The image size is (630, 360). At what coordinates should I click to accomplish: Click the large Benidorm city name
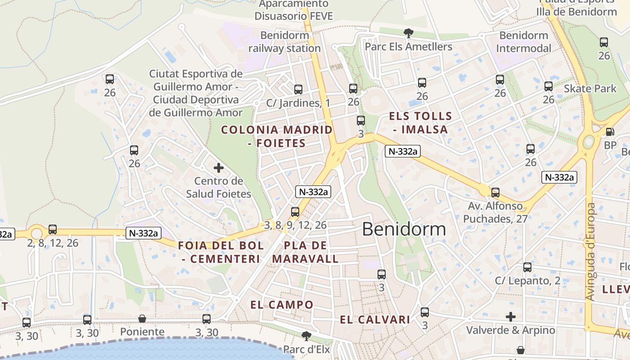pos(404,229)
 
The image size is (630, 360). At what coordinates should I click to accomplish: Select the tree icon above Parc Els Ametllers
pos(409,33)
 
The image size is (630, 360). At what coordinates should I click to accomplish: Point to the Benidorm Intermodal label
pos(524,42)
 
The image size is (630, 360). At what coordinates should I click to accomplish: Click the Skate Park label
pos(590,89)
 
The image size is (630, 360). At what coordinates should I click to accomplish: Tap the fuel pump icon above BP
pos(610,132)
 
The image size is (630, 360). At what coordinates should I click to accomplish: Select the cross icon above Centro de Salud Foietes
pos(219,168)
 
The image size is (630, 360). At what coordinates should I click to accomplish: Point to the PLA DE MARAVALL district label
pos(305,252)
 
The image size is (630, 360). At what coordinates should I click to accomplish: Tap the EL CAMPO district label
pos(282,305)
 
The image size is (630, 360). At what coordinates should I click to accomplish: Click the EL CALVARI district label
pos(375,320)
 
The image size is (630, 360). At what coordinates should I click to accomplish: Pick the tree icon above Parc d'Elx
pos(306,336)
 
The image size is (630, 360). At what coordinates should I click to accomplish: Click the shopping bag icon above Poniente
pos(142,319)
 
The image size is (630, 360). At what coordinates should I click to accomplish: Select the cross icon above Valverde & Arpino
pos(510,317)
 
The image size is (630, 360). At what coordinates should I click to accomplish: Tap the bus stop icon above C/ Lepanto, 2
pos(527,267)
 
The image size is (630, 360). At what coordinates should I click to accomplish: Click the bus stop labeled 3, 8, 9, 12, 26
pos(295,211)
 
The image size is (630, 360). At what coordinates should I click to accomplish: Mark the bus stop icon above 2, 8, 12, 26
pos(53,229)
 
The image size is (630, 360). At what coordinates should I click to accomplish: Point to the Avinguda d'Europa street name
pos(590,252)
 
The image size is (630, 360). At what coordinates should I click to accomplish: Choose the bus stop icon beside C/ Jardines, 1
pos(298,90)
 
